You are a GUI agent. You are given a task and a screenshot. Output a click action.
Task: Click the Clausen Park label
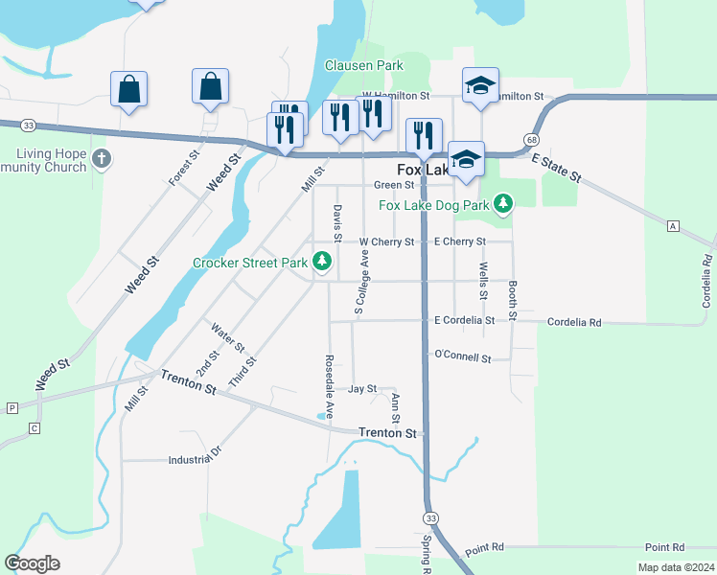coord(363,65)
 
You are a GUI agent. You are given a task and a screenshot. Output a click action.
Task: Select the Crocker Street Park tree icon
coord(324,261)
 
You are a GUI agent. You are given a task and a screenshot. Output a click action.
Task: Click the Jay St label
coord(362,389)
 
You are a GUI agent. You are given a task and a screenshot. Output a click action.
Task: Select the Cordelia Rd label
coord(574,323)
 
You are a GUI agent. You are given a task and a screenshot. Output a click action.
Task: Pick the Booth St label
coord(514,299)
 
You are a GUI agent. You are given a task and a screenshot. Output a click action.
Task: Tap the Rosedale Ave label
coord(329,387)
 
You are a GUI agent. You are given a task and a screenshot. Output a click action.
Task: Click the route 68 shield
coord(530,140)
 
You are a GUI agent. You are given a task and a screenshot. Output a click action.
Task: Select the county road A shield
coord(674,225)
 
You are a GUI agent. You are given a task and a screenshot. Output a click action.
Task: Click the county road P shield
coord(12,407)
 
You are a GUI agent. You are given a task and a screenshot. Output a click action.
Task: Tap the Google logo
coord(32,563)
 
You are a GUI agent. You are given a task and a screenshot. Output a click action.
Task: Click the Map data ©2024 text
coord(676,567)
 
